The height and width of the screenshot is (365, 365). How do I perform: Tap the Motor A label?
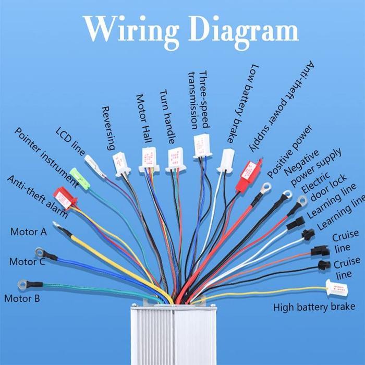coord(28,232)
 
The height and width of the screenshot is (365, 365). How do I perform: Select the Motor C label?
coord(27,262)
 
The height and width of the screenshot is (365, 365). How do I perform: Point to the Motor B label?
coord(22,298)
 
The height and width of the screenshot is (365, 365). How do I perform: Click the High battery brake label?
coord(314,307)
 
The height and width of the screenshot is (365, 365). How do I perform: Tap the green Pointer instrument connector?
coord(80,178)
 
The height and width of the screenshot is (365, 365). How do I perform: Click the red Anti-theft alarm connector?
coord(65,198)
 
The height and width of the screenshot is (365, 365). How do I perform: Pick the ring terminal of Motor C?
coord(39,252)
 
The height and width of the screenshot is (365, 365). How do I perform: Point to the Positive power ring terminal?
coord(266,187)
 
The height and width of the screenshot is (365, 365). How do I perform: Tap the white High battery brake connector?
coord(337,287)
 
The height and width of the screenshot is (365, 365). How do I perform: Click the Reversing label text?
coord(109,128)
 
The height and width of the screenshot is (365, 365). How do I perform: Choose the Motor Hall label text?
coord(144,118)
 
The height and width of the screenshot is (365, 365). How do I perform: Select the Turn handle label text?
coord(167,117)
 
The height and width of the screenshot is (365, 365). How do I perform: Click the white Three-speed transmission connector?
coord(202,146)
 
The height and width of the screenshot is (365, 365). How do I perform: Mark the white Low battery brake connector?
coord(226,161)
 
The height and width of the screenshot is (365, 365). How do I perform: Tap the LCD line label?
coord(70,141)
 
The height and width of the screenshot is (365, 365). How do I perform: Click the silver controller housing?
coord(174,335)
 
